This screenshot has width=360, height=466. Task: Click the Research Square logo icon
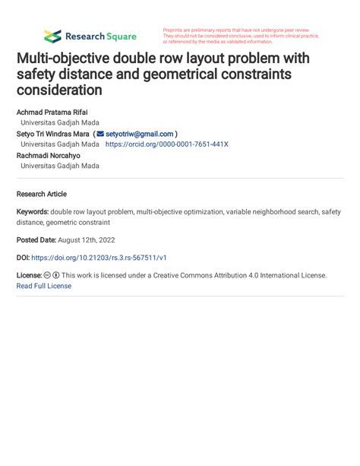[x=52, y=36]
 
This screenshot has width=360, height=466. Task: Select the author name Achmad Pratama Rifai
[x=52, y=112]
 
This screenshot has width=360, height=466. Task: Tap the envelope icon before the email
[x=100, y=134]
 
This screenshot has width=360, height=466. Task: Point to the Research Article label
[x=41, y=194]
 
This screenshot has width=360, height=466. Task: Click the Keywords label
[x=33, y=212]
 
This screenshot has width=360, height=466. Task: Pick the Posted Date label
[x=36, y=240]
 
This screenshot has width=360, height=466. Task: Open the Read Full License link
[x=43, y=286]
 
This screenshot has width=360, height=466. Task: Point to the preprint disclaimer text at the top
[x=241, y=36]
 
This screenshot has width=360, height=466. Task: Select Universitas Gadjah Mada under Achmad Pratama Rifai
[x=59, y=122]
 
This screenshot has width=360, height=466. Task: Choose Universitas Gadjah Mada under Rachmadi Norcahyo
[x=59, y=166]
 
